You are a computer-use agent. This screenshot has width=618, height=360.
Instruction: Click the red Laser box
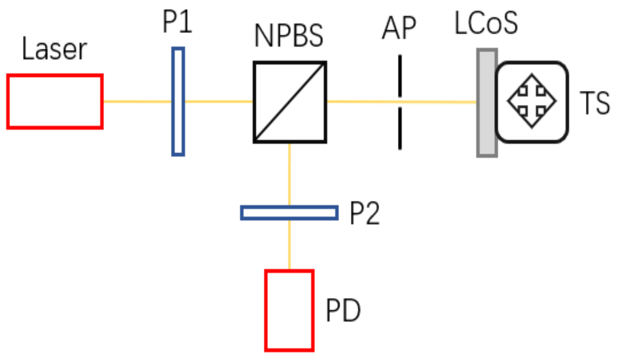55,102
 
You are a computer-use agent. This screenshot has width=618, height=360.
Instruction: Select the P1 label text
177,22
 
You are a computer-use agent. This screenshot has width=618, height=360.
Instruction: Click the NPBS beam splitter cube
290,102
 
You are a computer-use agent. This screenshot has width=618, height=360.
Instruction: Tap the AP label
399,28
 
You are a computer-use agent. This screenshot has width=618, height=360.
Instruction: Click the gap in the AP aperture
400,102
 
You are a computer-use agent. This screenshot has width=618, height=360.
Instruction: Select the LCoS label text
486,23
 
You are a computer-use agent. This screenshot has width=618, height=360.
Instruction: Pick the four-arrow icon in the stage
532,101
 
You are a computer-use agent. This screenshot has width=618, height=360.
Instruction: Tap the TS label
595,103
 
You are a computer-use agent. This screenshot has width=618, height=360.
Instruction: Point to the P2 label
364,213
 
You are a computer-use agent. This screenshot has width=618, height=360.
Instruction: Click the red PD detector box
289,310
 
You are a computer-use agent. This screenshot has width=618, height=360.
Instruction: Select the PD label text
343,310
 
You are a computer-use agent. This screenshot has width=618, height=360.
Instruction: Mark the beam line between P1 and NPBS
219,102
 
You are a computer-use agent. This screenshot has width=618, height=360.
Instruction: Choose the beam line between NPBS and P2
289,174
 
